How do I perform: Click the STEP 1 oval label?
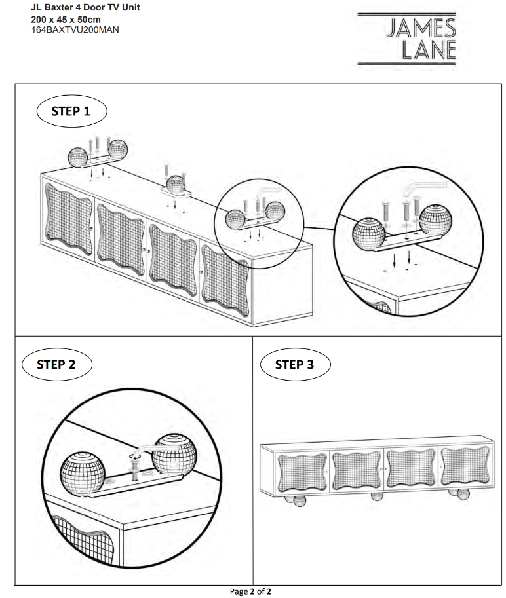coord(71,111)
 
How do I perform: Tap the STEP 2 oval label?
coord(57,364)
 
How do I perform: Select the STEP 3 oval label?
coord(296,364)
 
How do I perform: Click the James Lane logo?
coord(407,39)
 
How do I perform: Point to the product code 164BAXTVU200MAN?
coord(75,29)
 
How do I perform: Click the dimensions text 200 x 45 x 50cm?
coord(66,20)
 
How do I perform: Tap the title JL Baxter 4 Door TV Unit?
coord(85,7)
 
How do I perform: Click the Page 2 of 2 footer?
coord(250,591)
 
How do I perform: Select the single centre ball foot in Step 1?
coord(176,184)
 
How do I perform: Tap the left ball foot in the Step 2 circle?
coord(83,474)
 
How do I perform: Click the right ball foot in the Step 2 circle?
coord(174,455)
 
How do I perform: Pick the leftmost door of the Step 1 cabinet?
coord(69,219)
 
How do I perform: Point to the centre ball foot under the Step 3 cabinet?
coord(377,496)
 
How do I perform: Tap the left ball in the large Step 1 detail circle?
coord(368,234)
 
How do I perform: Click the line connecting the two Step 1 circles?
coord(319,228)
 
